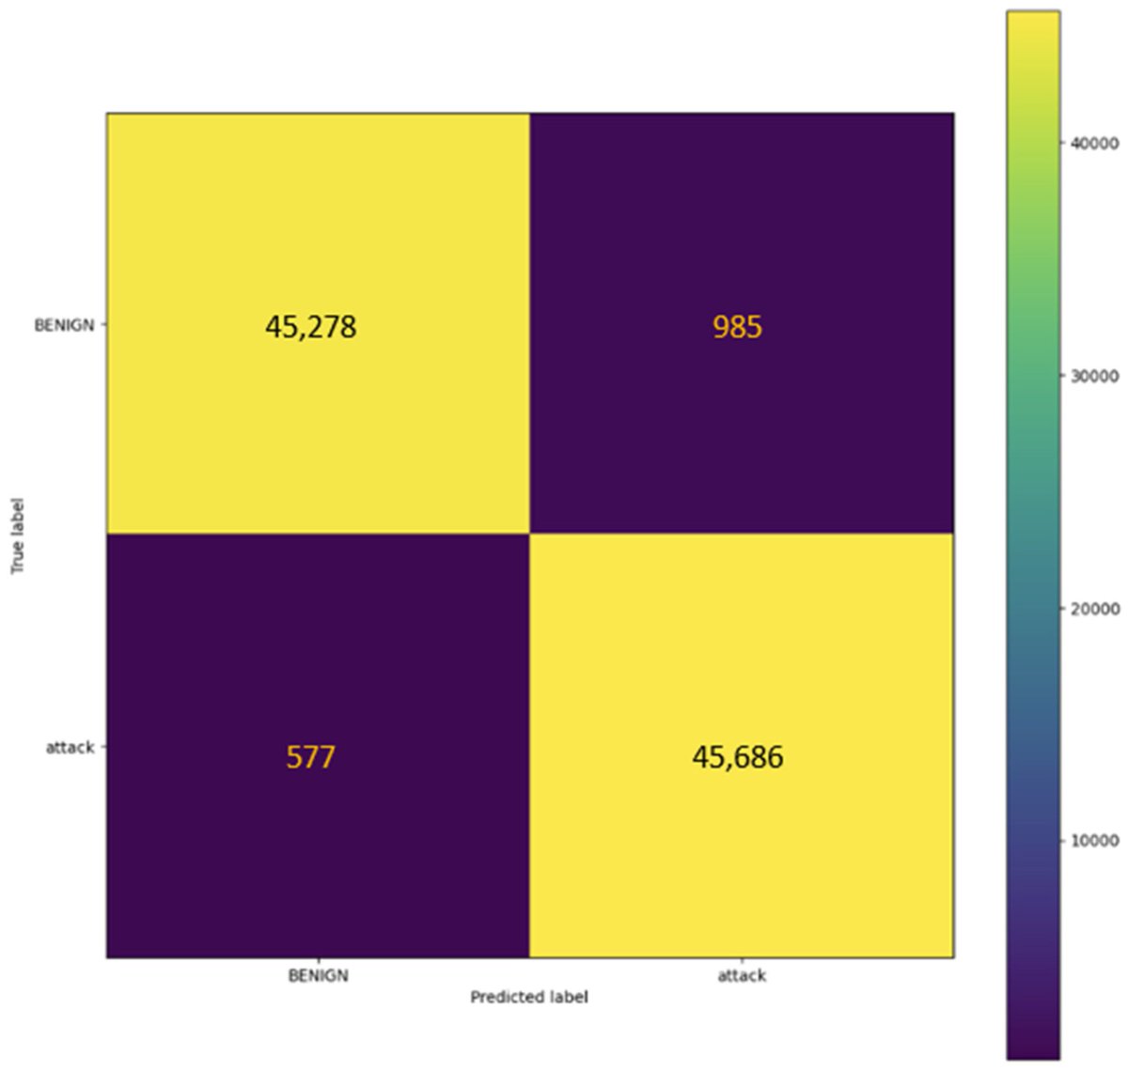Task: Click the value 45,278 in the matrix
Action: coord(310,327)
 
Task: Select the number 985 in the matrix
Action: coord(737,327)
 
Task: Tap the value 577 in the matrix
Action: coord(310,756)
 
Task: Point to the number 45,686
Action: coord(737,756)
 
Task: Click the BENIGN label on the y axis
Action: coord(64,326)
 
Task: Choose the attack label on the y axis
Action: coord(70,748)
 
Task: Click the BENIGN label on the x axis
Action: coord(318,975)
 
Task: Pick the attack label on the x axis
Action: coord(742,975)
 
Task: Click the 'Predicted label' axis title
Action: coord(529,997)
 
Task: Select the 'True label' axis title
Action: coord(17,535)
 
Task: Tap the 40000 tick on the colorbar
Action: coord(1095,143)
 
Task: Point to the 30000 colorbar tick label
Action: coord(1095,376)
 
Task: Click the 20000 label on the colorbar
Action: coord(1095,609)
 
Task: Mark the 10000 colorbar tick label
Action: coord(1095,841)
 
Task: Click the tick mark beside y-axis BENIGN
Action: coord(102,325)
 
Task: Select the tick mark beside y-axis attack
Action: coord(102,748)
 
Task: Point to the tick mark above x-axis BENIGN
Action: coord(318,962)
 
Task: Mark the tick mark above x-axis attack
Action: coord(742,962)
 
